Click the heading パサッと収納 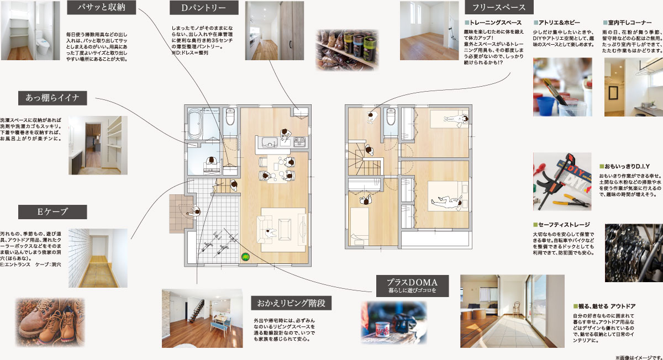[101, 7]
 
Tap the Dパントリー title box [204, 8]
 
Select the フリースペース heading [499, 7]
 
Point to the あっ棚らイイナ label [52, 98]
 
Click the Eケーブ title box [52, 212]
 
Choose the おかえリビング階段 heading [291, 303]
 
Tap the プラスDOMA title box [412, 286]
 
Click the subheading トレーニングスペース [493, 23]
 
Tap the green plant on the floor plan [245, 256]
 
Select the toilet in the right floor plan [391, 117]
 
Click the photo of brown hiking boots [50, 322]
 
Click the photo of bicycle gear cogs [634, 253]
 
